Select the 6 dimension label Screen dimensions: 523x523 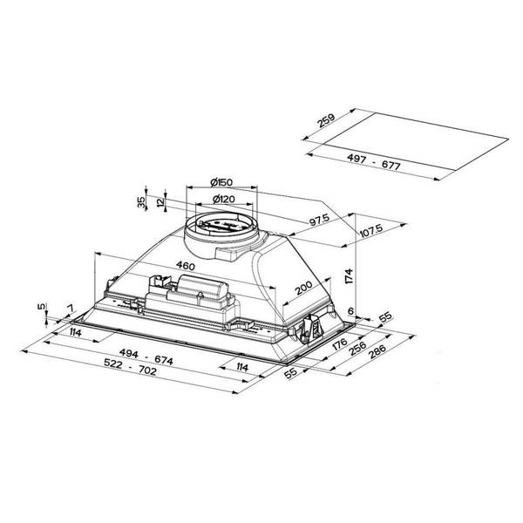pyautogui.click(x=351, y=311)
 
